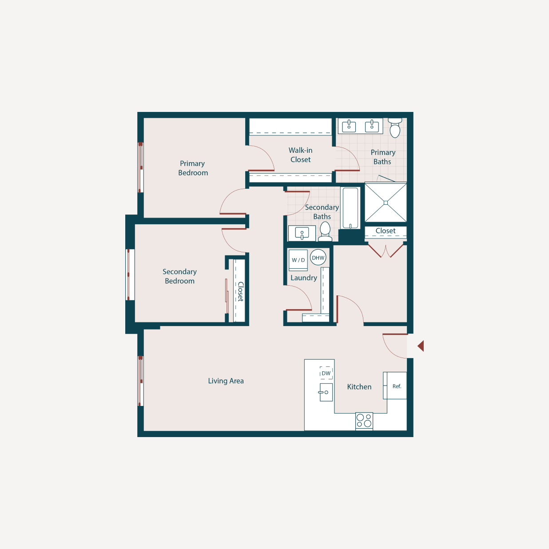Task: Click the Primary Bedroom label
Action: click(x=193, y=168)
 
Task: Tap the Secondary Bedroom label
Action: click(x=179, y=276)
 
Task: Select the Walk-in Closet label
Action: click(x=301, y=155)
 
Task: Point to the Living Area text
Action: click(x=226, y=381)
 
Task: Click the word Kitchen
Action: click(x=359, y=387)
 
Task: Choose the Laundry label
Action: click(x=304, y=278)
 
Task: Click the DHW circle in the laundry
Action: click(x=318, y=258)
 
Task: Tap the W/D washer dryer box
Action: click(x=298, y=260)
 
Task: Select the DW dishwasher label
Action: click(x=326, y=374)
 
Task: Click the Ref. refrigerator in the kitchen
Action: click(x=396, y=386)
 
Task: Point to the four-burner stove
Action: click(x=364, y=421)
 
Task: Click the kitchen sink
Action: click(x=326, y=392)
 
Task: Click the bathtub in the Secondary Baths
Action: click(x=350, y=208)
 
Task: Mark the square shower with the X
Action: click(x=386, y=203)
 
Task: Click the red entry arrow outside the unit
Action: click(x=421, y=346)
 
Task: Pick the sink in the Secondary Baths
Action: click(x=302, y=233)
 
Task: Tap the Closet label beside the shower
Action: click(x=385, y=231)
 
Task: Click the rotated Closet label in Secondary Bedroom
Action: click(x=240, y=291)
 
